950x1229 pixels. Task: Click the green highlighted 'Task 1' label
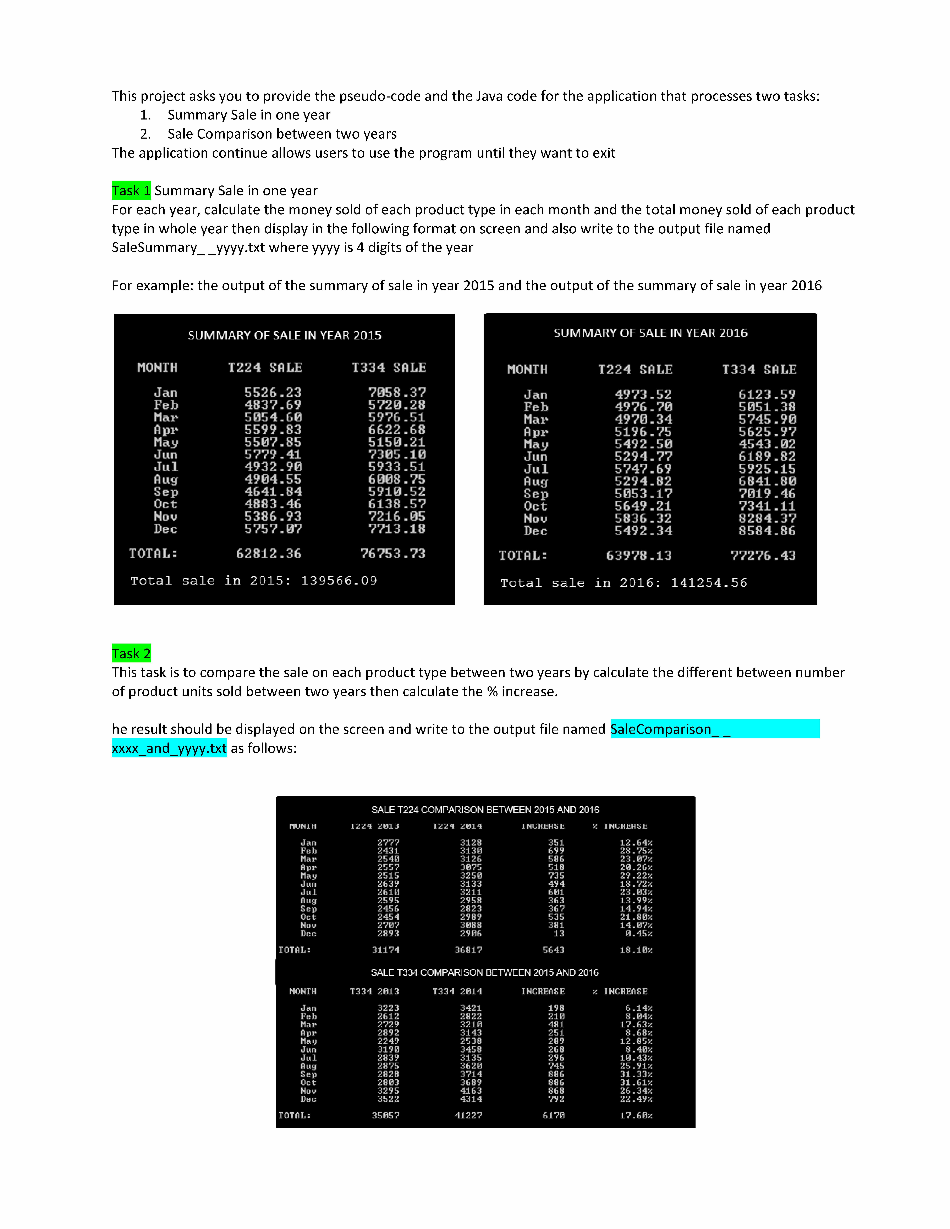tap(131, 191)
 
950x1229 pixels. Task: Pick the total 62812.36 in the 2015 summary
tap(268, 554)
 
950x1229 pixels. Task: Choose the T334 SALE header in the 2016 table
tap(759, 370)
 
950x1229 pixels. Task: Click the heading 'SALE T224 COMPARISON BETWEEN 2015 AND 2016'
tap(485, 810)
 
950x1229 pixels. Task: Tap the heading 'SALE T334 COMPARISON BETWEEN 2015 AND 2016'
tap(485, 972)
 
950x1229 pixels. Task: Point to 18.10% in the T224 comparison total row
tap(636, 950)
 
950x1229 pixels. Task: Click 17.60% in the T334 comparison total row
tap(636, 1115)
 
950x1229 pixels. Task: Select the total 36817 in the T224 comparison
tap(468, 950)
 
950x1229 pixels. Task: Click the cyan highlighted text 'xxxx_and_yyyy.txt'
tap(169, 748)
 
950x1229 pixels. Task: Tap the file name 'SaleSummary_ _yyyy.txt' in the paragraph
tap(188, 248)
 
